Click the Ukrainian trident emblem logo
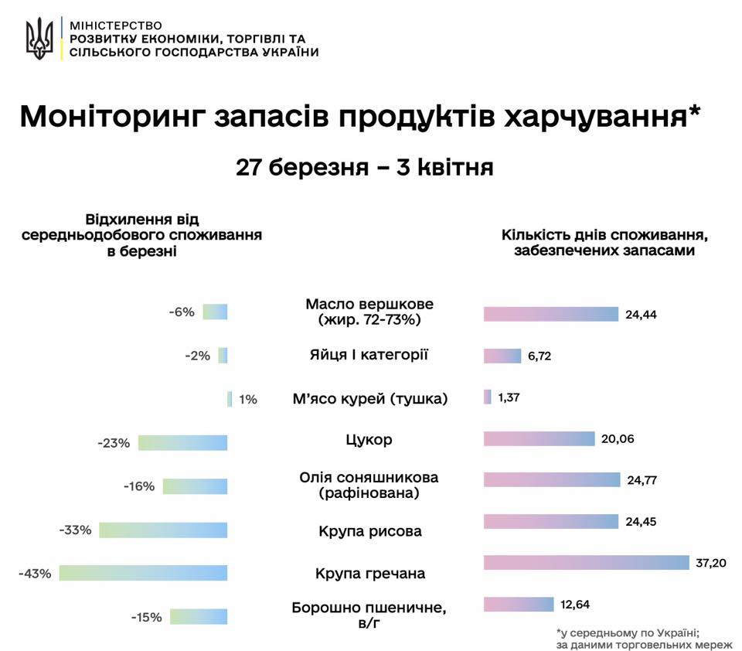(39, 39)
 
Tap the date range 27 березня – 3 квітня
(364, 168)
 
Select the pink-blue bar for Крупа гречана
(586, 563)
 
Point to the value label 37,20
(710, 563)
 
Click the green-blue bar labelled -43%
(143, 573)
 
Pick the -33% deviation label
(75, 530)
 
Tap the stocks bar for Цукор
(539, 439)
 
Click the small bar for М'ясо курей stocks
(487, 397)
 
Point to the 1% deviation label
(247, 400)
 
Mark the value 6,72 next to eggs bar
(539, 356)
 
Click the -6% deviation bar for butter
(215, 312)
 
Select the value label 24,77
(642, 480)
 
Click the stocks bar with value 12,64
(519, 605)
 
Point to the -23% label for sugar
(114, 443)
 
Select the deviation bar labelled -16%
(195, 486)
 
